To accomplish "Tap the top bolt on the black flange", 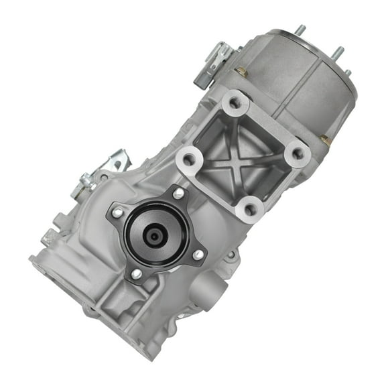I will [x=178, y=194].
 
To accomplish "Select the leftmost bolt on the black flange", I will [x=118, y=212].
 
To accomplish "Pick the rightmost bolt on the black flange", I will [x=198, y=254].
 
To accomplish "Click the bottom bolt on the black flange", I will [x=136, y=273].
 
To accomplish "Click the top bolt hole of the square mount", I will [x=235, y=103].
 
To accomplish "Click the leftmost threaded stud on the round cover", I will [x=300, y=29].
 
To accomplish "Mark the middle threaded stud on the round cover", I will [x=338, y=52].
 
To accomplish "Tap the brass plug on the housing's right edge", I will [x=325, y=139].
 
